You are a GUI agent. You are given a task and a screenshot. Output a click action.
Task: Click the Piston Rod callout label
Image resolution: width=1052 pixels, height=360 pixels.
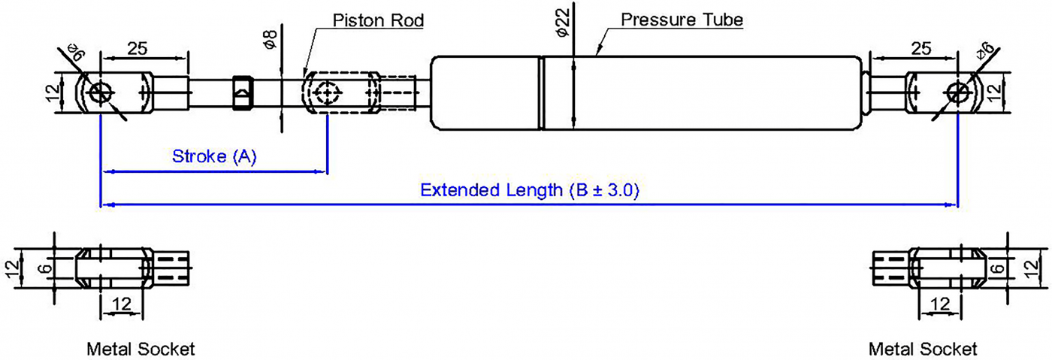(378, 20)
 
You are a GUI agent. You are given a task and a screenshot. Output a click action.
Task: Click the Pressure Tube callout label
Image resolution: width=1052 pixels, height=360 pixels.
(682, 20)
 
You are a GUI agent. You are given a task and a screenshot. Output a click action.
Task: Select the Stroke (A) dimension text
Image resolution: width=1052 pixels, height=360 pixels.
(215, 156)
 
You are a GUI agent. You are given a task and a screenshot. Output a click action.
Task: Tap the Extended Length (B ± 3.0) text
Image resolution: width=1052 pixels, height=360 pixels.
(529, 189)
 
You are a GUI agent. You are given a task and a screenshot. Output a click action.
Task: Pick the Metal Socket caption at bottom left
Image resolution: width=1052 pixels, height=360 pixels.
(141, 349)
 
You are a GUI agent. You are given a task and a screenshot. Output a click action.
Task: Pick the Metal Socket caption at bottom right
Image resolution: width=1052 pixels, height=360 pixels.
(923, 349)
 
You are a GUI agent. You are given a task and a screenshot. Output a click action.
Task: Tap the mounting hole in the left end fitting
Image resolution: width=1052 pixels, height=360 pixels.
(99, 92)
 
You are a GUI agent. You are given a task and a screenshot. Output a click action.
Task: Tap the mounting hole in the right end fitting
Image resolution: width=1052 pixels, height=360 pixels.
(958, 92)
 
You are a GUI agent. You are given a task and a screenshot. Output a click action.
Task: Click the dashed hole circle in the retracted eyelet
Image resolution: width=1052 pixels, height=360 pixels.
(327, 93)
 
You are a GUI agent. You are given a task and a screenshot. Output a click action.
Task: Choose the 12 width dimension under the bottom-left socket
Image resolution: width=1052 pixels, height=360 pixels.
(121, 304)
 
